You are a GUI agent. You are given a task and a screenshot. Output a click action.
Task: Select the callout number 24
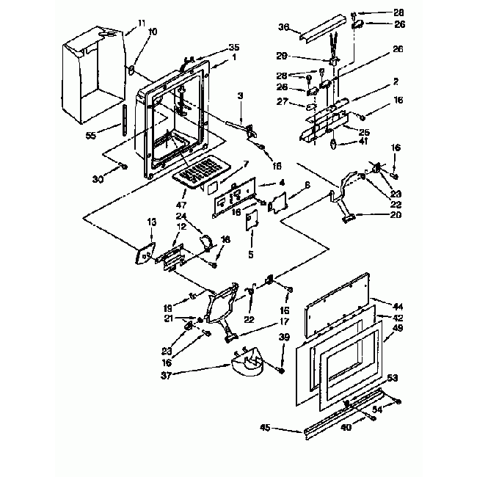pos(181,217)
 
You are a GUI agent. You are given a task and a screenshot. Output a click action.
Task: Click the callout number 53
pos(393,377)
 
